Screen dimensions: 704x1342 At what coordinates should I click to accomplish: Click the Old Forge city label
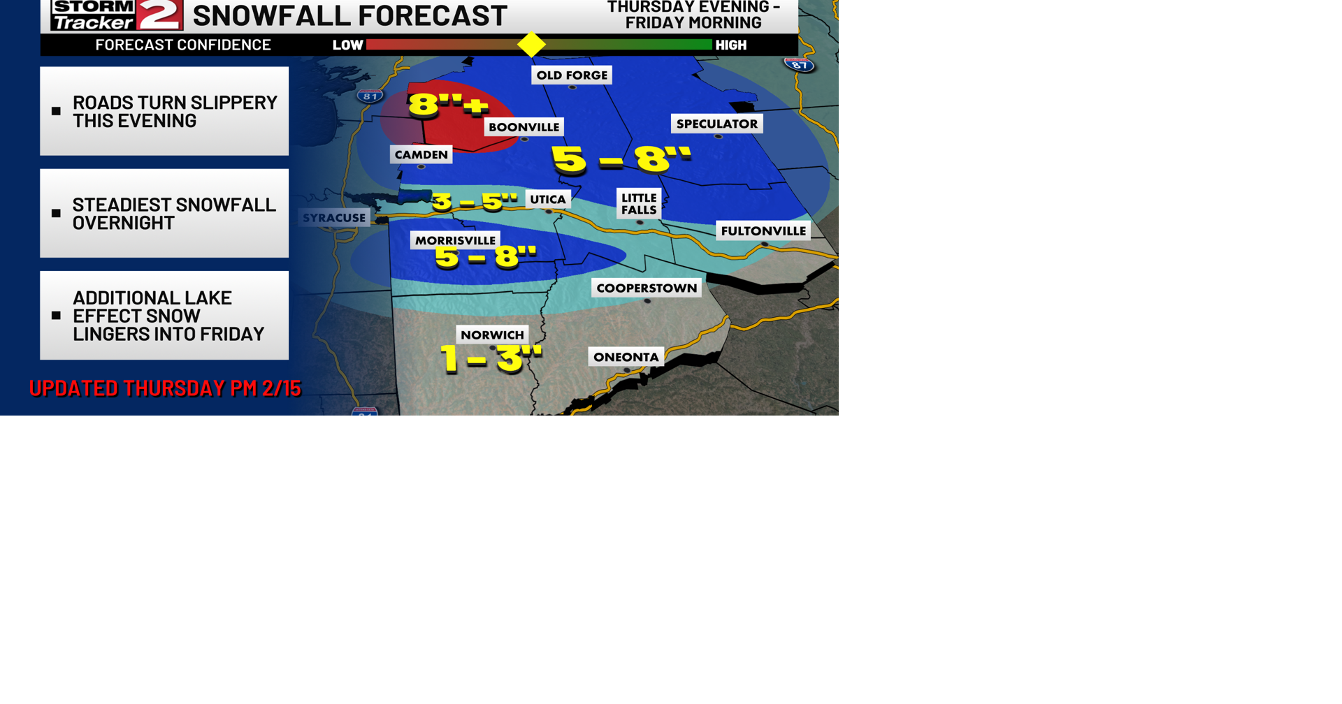(572, 75)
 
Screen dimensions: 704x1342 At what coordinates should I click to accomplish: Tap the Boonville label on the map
(524, 127)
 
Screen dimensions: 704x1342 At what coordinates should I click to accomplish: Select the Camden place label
(421, 155)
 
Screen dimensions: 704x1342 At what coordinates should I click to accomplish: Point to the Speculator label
(716, 124)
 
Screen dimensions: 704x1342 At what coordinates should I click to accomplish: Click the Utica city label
(547, 200)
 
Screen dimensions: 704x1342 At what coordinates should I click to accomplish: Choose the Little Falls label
(639, 204)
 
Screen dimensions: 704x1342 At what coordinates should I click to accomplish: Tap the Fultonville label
(763, 231)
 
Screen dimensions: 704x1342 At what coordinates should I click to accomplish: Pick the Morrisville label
(455, 241)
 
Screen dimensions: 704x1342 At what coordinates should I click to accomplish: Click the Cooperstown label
(647, 288)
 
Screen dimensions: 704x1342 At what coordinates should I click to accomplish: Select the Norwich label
(492, 335)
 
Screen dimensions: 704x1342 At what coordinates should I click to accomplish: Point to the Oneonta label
(626, 358)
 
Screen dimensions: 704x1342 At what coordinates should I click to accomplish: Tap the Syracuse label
(334, 218)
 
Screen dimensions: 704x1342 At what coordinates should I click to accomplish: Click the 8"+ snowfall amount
(447, 105)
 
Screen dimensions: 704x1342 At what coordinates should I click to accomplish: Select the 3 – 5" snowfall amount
(475, 202)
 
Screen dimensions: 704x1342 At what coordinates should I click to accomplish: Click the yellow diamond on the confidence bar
(531, 45)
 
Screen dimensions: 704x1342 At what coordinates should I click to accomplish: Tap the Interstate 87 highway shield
(800, 66)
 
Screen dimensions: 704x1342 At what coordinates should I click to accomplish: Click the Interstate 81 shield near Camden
(370, 96)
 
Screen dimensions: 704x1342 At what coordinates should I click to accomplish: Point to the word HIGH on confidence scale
(731, 45)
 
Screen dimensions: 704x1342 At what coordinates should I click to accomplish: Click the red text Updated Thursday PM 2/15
(165, 388)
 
